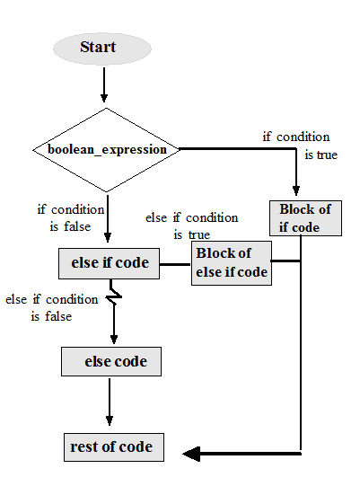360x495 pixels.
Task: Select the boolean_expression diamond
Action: pos(107,149)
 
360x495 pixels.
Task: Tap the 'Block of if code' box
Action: pos(305,218)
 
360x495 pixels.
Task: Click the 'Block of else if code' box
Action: pos(231,262)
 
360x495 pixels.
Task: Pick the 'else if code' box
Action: pos(110,264)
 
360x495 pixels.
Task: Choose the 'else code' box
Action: pos(110,362)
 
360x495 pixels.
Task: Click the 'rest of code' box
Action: pos(111,446)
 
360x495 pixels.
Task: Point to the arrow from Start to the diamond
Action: pos(104,85)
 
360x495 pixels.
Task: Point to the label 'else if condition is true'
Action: pos(191,225)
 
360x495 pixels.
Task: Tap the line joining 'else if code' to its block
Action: pos(175,264)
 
